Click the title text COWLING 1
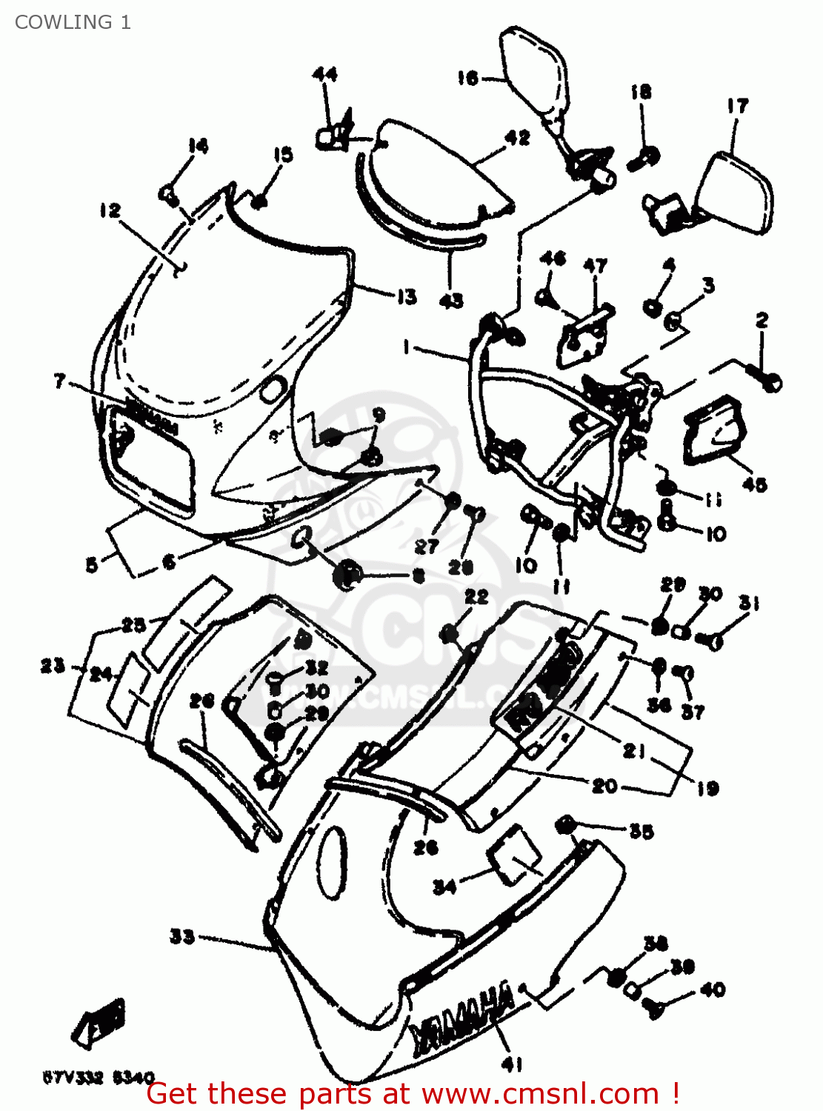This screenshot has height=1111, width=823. point(73,22)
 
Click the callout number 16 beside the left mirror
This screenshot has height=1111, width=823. point(467,78)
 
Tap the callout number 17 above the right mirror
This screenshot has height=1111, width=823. point(737,107)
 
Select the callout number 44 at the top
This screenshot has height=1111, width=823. point(324,74)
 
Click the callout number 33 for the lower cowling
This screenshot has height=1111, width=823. point(182,936)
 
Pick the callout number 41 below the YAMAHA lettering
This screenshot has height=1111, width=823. point(510,1064)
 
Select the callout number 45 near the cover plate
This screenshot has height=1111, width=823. point(754,484)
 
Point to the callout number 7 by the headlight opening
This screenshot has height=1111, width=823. point(60,381)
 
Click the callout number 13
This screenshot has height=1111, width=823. point(406,297)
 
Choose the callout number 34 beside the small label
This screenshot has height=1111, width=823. point(444,886)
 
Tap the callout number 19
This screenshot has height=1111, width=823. point(707,788)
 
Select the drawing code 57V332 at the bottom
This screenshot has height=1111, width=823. point(73,1078)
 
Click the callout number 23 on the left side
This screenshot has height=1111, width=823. point(52,665)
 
